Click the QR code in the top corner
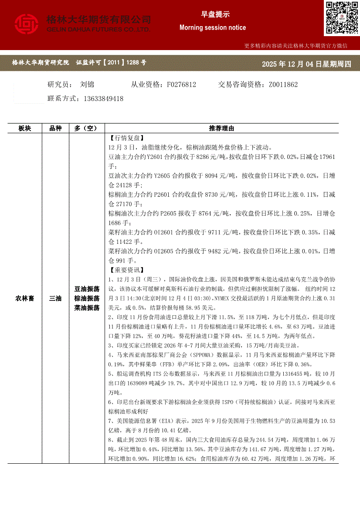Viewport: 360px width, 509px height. coord(341,18)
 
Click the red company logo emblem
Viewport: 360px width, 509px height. coord(27,24)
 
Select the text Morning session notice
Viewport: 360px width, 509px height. coord(213,27)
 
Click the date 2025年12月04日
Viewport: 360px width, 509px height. coord(288,64)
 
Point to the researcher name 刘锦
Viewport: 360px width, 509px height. coord(87,84)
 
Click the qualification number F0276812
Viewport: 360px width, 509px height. coord(181,84)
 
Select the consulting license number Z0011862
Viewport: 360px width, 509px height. coord(283,84)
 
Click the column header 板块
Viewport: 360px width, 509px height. coord(25,128)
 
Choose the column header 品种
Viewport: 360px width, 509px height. coord(55,128)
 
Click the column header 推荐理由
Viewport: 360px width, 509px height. coord(221,128)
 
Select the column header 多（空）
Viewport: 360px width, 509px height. coord(86,128)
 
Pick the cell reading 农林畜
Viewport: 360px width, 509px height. coord(25,298)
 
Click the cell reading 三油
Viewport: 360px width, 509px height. coord(55,298)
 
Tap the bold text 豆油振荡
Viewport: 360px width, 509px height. coord(87,289)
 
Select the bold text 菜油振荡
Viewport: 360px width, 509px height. coord(87,308)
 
